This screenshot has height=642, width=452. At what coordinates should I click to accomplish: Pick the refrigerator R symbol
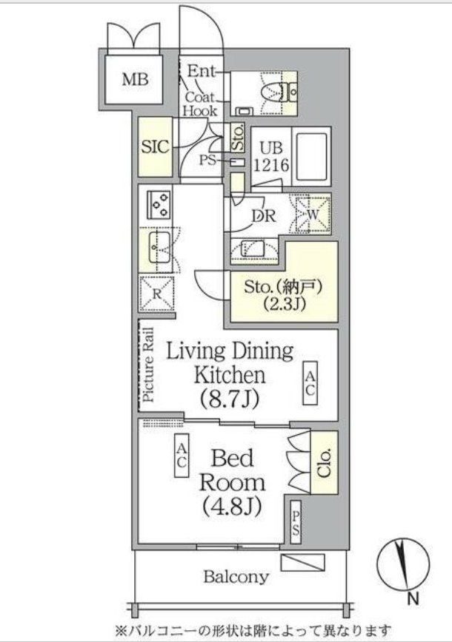[x=157, y=293]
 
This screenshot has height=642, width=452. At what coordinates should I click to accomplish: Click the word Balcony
[x=237, y=577]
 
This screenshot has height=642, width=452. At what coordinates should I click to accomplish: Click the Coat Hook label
[x=200, y=104]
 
